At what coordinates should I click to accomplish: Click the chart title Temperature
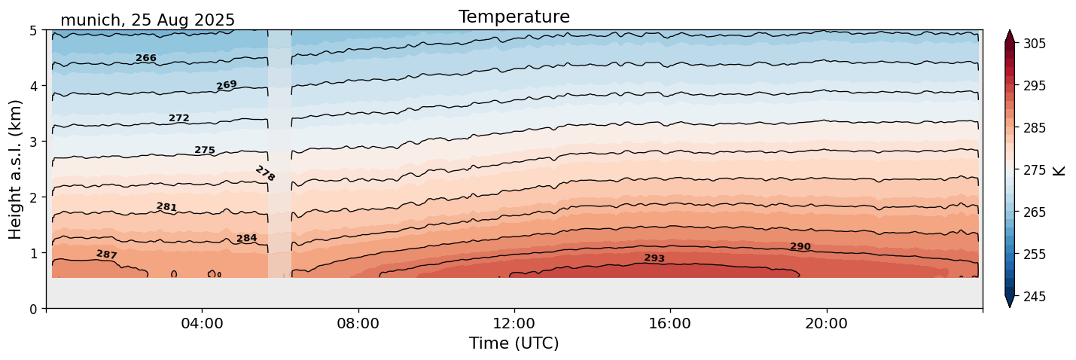coord(514,17)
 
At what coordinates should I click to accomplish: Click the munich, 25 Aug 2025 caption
coord(148,20)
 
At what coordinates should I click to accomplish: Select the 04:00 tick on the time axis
coord(202,324)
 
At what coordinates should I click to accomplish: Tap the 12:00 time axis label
coord(514,324)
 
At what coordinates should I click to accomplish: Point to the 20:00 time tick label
coord(826,324)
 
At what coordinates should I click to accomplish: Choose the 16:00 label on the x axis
coord(670,324)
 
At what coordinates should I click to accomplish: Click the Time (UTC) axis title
coord(514,343)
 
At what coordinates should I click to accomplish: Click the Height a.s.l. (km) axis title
coord(16,169)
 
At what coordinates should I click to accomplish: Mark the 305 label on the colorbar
coord(1035,44)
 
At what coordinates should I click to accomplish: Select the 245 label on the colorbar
coord(1035,297)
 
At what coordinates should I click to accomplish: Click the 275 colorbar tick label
coord(1035,170)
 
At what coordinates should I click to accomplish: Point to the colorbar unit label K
coord(1059,170)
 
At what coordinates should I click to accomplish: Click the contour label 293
coord(654,258)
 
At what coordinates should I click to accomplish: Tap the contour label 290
coord(800,247)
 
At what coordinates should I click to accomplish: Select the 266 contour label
coord(146,58)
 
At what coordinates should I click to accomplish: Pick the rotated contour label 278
coord(265,174)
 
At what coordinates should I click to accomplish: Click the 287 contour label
coord(107,255)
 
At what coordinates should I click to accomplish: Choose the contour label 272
coord(179,118)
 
